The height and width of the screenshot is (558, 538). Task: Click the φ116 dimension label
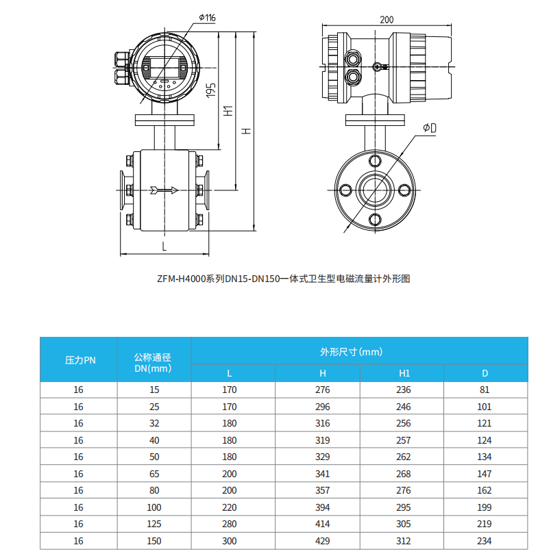coord(207,16)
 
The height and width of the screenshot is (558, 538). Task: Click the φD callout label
coord(430,128)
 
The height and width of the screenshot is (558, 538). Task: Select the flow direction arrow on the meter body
coord(163,190)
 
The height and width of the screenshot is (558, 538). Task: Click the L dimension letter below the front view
coord(164,245)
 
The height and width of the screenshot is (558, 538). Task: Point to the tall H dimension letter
coord(246,130)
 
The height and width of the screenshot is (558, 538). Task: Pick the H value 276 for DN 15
coord(322,390)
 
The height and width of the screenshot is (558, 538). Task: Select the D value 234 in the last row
coord(485,541)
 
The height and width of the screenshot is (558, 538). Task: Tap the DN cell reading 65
coord(154,474)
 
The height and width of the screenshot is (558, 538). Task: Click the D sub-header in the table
coord(485,373)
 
